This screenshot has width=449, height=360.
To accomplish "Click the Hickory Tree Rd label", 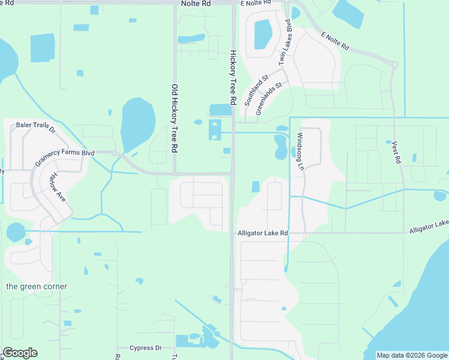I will [234, 76].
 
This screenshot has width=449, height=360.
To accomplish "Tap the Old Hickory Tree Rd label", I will [175, 118].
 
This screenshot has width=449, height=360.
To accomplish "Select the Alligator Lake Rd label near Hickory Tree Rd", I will [263, 233].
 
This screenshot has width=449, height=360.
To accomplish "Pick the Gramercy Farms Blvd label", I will [65, 157].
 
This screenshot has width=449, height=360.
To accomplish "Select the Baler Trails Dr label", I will [35, 128].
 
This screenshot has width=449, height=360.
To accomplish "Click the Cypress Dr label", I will [146, 348].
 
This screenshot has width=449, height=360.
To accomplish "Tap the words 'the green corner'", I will [37, 286].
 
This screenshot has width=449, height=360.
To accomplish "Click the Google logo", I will [20, 353].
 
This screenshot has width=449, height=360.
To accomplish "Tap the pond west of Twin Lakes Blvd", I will [262, 34].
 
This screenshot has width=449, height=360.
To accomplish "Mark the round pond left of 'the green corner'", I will [16, 232].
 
